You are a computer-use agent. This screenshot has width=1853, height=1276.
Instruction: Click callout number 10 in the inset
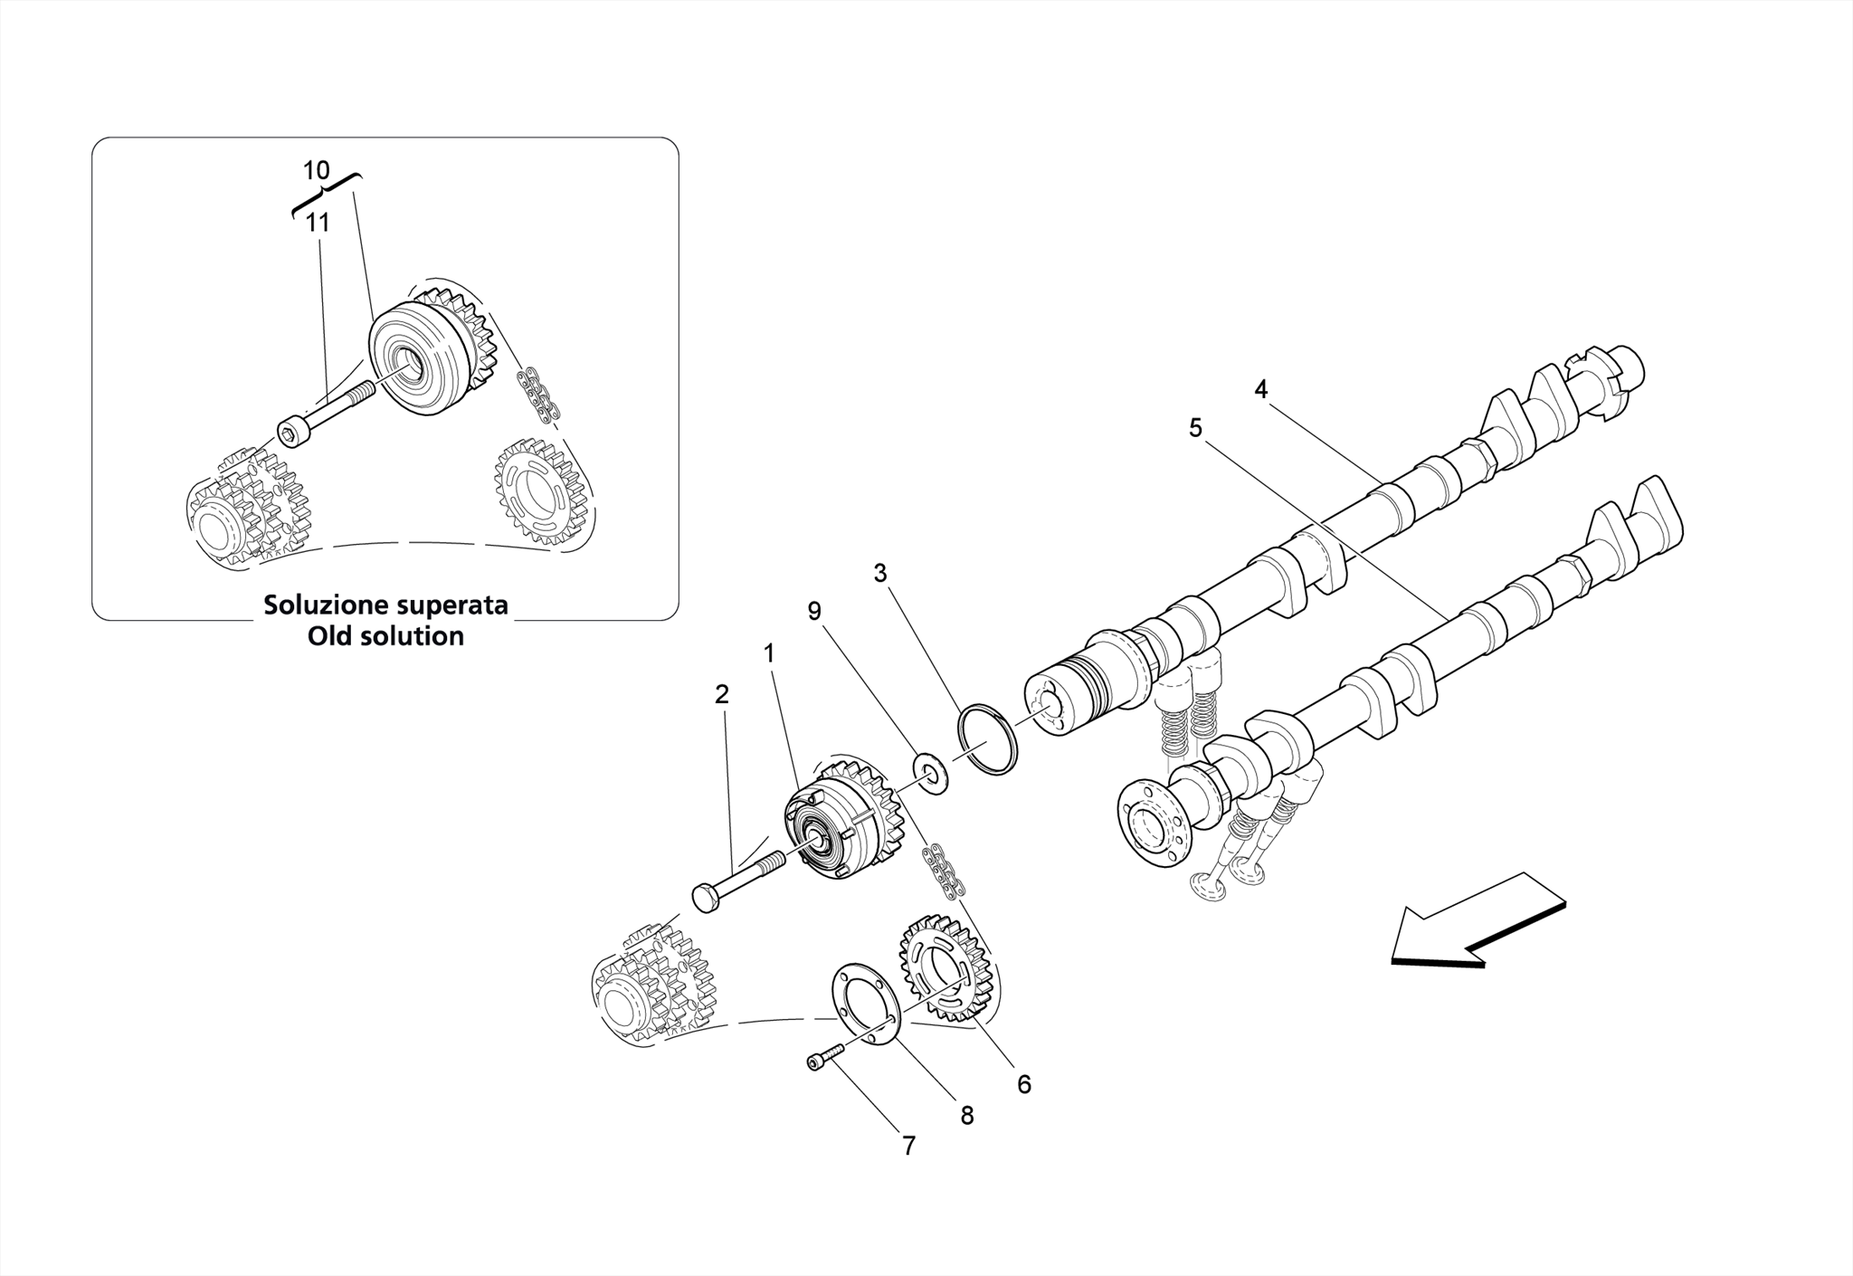(316, 170)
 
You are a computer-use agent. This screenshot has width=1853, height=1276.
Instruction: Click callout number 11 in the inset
(317, 222)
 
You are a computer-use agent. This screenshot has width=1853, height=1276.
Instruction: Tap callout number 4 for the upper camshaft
(1260, 389)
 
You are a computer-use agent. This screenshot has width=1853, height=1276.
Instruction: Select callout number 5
(1195, 428)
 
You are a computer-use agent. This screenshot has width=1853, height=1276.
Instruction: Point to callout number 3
(879, 573)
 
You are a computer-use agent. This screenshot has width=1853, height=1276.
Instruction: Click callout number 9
(814, 612)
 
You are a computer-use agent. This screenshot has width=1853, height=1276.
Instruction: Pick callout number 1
(769, 652)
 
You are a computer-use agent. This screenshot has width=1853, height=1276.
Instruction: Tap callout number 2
(721, 694)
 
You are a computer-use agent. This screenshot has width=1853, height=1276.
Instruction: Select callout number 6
(1024, 1084)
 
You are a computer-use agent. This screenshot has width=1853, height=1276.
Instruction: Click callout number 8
(966, 1116)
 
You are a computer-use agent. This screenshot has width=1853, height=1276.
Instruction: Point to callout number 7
(908, 1146)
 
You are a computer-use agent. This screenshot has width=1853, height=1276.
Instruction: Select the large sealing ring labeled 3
(987, 740)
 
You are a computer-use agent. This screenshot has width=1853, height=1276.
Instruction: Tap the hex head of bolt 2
(705, 899)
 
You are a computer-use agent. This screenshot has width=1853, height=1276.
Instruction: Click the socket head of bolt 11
(291, 433)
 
